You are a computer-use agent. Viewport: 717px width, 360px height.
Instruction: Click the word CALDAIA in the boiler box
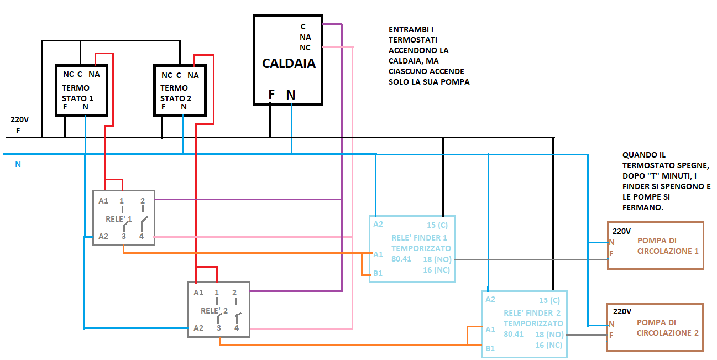point(289,63)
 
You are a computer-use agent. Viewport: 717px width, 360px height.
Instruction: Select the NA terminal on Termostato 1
point(93,75)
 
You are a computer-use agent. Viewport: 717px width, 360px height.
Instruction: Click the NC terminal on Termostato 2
point(166,75)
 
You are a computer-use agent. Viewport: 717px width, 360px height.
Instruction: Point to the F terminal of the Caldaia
point(271,95)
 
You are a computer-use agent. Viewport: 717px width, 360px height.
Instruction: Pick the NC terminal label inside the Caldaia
point(305,48)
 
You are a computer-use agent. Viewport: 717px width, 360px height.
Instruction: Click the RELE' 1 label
point(119,219)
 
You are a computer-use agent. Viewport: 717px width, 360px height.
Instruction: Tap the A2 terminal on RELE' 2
point(198,328)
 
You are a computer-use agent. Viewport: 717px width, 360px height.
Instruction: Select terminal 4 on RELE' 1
point(141,237)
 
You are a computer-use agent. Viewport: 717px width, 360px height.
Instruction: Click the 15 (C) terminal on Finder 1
point(437,225)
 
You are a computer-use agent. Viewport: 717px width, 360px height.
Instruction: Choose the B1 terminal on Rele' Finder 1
point(378,273)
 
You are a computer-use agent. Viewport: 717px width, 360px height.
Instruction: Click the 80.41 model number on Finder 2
point(514,335)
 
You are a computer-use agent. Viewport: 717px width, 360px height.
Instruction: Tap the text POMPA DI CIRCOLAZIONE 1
point(668,246)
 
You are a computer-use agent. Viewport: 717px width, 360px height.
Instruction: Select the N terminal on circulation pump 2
point(611,324)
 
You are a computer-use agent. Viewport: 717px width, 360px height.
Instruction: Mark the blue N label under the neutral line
point(18,164)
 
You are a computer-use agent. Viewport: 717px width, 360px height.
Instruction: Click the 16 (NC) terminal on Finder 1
point(436,270)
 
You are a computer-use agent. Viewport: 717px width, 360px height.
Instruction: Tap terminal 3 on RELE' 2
point(219,328)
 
